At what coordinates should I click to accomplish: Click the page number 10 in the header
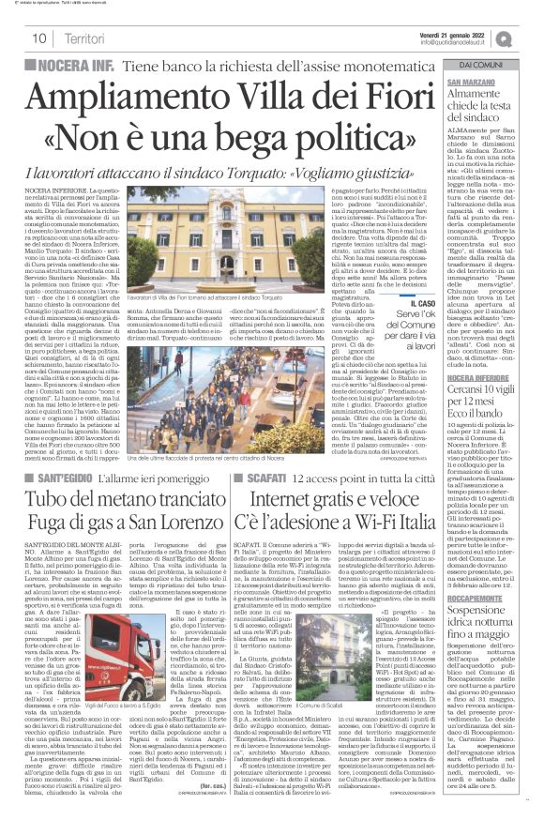(x=41, y=38)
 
